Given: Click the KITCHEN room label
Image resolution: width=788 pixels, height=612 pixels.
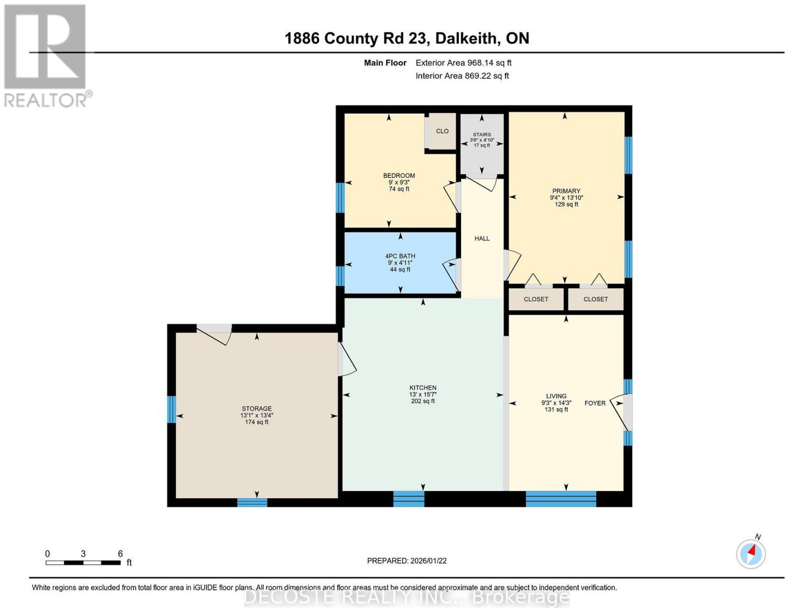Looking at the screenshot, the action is coord(423,387).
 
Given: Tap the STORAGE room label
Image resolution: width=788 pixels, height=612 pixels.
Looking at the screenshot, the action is coord(257,408).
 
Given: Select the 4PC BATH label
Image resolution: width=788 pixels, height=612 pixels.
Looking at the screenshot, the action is coord(400,256).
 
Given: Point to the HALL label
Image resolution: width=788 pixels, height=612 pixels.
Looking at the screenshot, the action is coord(482,238).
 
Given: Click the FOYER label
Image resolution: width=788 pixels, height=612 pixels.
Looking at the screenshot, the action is coord(595,403).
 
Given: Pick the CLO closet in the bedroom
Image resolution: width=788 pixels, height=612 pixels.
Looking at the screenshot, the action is coord(442,131).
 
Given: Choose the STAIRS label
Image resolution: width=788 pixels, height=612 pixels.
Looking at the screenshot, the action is coord(482,134).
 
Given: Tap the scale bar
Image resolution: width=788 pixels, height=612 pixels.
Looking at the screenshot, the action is coord(83,563).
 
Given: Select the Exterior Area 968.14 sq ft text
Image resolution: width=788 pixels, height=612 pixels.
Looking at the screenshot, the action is coord(463,63).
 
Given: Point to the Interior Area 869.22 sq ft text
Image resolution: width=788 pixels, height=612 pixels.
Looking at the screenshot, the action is coord(462,76).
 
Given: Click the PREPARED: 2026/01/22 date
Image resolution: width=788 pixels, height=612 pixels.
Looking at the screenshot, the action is coord(407,561).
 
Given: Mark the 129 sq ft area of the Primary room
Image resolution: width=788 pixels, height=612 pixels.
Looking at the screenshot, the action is coord(566,204).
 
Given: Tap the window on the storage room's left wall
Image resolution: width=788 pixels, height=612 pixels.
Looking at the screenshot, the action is coord(171,410).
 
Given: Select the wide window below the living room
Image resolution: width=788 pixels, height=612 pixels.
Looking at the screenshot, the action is coord(560,499).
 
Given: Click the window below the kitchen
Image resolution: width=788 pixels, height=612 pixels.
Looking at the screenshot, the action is coord(409,499).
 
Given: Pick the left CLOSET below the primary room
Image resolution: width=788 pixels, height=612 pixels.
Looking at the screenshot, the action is coord(536,299).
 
